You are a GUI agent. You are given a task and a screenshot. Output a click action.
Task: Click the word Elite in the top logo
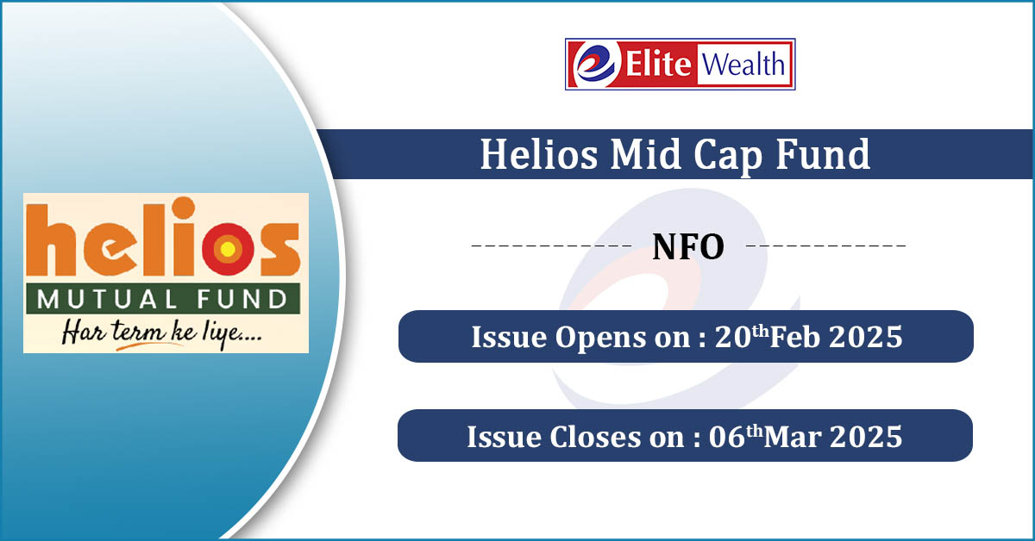tap(658, 64)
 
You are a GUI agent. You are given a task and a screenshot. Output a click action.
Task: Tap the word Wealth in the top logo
tap(743, 64)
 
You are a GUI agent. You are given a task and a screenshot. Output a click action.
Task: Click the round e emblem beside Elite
tap(596, 64)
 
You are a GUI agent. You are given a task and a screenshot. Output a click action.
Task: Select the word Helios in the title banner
tap(539, 154)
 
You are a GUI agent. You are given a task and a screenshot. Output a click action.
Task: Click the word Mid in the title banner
tap(646, 154)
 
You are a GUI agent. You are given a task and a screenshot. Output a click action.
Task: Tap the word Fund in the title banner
tap(824, 154)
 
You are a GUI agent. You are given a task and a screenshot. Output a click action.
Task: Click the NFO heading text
tap(688, 247)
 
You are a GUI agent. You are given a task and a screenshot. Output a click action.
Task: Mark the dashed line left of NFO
tap(551, 246)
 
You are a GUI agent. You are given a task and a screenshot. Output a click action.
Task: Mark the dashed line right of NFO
tap(825, 246)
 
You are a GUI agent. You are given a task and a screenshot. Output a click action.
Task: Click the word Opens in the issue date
tap(599, 338)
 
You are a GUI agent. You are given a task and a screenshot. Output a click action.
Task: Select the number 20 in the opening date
tap(732, 337)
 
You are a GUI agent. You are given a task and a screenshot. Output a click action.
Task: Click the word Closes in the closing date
tap(595, 436)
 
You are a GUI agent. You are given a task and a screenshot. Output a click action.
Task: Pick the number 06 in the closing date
tap(727, 437)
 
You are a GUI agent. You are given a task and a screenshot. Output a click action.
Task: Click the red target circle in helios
tap(228, 249)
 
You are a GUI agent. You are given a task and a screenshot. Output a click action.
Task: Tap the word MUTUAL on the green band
tap(107, 299)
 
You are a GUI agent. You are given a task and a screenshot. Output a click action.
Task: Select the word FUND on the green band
tap(241, 299)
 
